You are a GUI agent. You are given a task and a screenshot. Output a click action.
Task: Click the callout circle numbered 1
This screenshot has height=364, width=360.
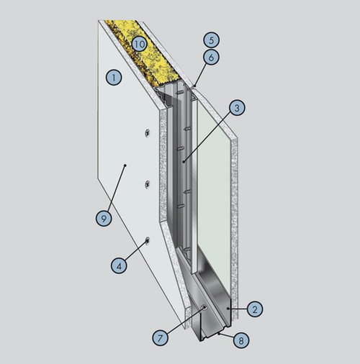114,77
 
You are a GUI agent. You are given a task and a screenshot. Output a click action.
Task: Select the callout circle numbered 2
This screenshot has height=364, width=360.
255,309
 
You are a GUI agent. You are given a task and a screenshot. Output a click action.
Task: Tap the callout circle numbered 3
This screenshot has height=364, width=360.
237,108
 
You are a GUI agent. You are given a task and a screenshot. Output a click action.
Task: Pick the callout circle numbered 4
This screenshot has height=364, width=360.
119,265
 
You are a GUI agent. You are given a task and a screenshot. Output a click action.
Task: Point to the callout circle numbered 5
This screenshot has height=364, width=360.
211,40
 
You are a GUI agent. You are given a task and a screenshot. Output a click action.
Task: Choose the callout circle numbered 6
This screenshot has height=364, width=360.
211,58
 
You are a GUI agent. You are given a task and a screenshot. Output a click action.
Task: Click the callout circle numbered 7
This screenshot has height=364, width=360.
160,337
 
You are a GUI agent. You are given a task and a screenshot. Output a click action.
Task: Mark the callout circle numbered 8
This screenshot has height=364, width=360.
241,340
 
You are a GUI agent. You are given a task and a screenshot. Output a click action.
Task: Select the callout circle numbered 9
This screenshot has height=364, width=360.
104,218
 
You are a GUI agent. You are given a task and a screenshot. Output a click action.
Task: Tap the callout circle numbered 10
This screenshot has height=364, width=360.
139,44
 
